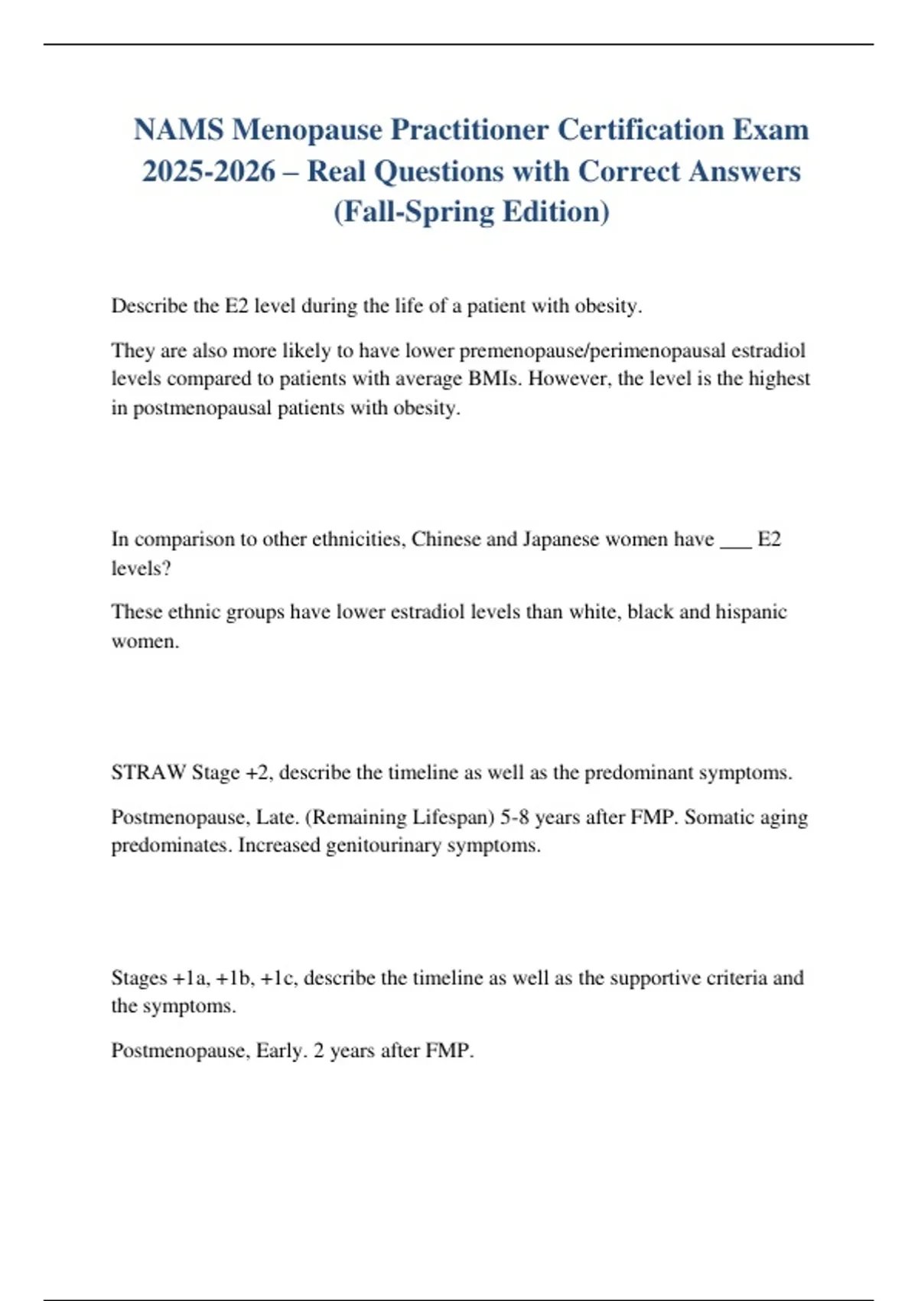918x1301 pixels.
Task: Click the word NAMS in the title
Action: pos(179,130)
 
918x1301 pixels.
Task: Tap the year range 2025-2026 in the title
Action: pos(209,171)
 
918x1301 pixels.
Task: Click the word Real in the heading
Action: pos(337,171)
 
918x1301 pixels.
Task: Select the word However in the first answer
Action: pos(567,379)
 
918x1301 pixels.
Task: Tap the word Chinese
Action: pos(446,540)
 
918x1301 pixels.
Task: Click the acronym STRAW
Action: pos(148,773)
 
